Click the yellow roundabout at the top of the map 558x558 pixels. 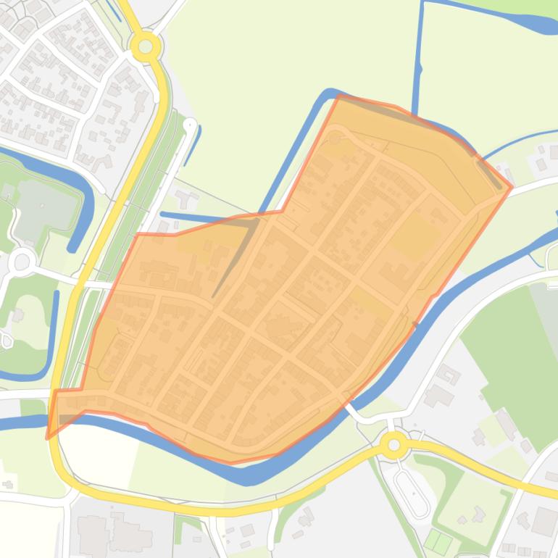click(146, 47)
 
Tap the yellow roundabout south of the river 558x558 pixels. click(394, 444)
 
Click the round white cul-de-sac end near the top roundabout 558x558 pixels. click(190, 125)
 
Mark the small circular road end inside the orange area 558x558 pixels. click(334, 137)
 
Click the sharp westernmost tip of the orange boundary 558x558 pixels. click(48, 438)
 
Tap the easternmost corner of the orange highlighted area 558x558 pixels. click(512, 187)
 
